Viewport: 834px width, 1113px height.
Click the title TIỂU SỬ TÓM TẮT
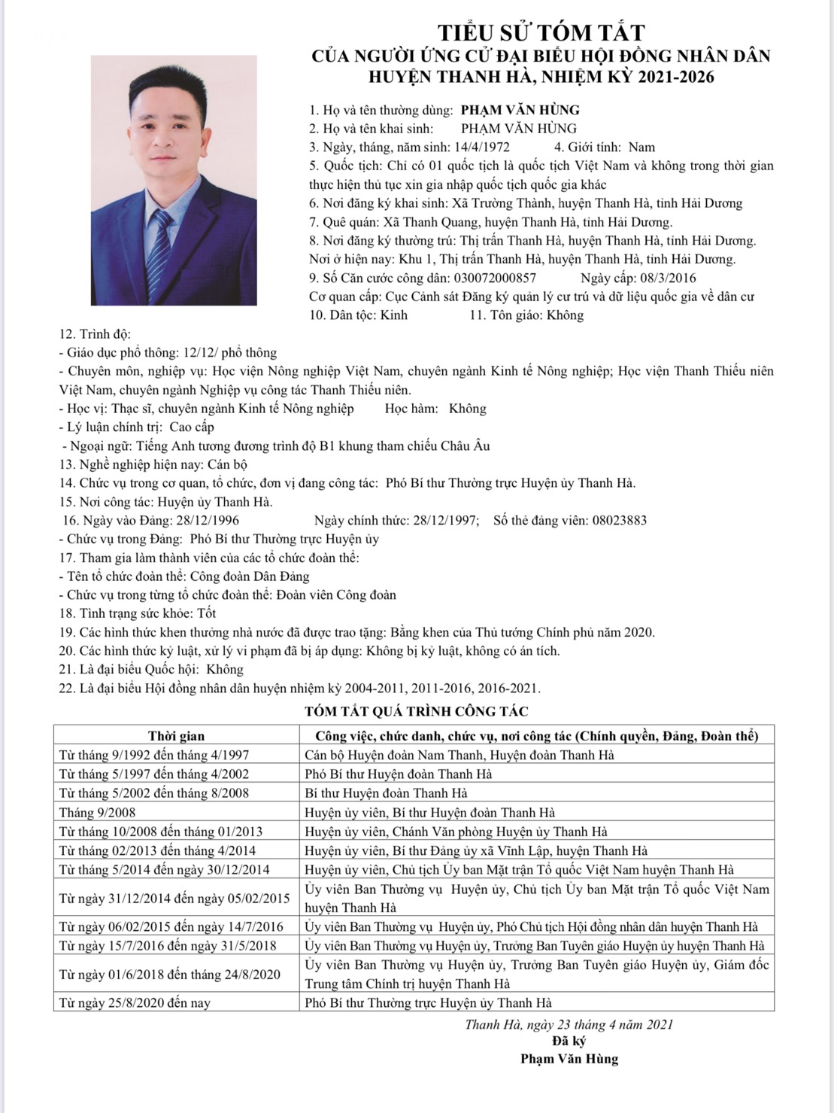(x=541, y=32)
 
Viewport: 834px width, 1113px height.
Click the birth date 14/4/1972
(x=483, y=147)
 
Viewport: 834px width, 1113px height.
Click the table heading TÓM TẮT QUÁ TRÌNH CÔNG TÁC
(x=417, y=711)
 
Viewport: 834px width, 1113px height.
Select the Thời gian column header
(x=176, y=735)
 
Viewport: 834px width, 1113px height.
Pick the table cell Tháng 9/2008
(x=98, y=812)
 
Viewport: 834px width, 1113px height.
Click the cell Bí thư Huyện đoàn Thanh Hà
(x=386, y=792)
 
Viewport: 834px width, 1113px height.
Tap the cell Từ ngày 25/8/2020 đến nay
(x=135, y=1002)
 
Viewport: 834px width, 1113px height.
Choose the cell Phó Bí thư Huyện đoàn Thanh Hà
(x=399, y=774)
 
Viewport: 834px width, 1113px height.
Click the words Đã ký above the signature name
(x=569, y=1042)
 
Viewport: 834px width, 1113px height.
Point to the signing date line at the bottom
(x=569, y=1024)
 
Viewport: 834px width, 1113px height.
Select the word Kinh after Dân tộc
(x=394, y=315)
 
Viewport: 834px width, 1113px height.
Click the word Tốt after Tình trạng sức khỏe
(x=207, y=613)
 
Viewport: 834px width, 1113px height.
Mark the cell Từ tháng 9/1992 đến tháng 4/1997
(x=154, y=755)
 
